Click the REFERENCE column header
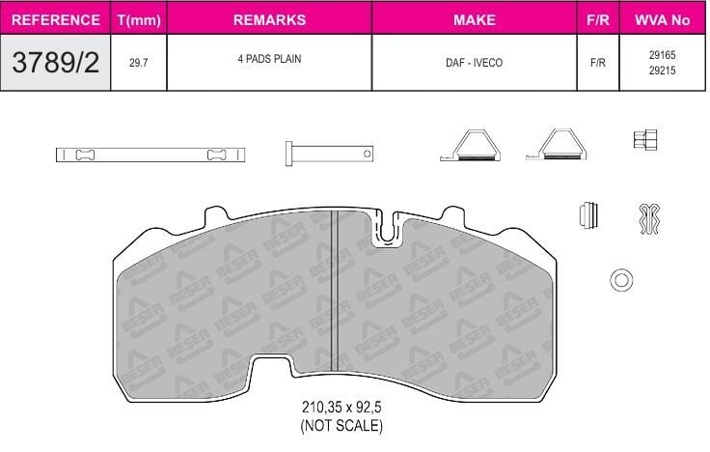[x=56, y=20]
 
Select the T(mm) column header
[x=139, y=20]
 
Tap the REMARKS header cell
[x=269, y=20]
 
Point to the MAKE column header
[x=474, y=20]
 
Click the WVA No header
[x=662, y=20]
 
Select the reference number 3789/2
[x=56, y=62]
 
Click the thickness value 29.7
[x=139, y=63]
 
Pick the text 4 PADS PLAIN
[x=269, y=59]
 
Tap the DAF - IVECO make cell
[x=474, y=63]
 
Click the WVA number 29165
[x=662, y=55]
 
